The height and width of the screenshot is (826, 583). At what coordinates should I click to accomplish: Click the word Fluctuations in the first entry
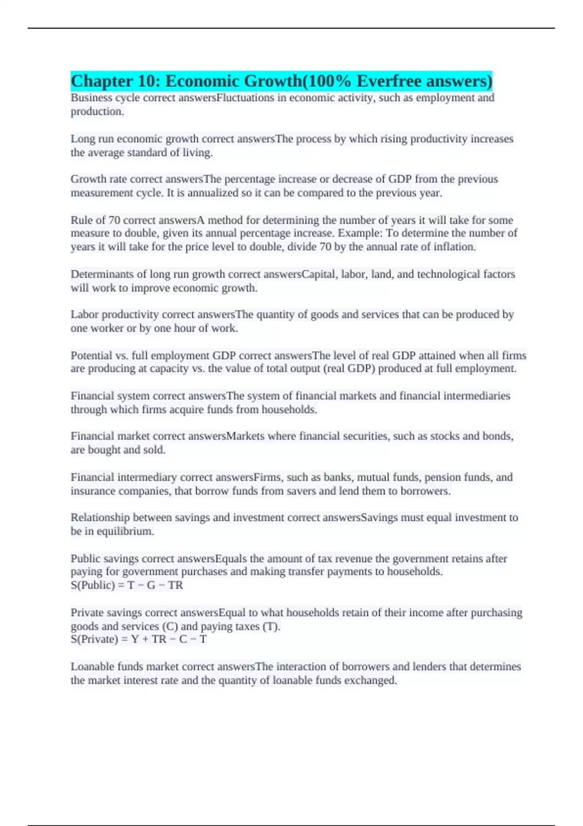(245, 98)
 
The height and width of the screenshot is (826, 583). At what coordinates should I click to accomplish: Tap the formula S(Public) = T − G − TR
(127, 585)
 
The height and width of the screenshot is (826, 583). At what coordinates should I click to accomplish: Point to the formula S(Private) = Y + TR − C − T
(138, 639)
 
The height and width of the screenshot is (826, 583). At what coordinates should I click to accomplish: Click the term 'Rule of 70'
(95, 220)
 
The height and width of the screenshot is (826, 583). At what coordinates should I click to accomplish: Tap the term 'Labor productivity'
(115, 314)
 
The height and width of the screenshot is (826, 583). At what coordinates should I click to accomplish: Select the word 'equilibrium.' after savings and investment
(125, 531)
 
